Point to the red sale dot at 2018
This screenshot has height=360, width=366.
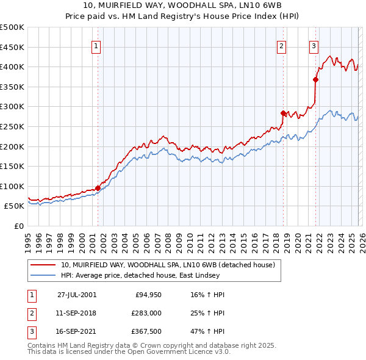283,113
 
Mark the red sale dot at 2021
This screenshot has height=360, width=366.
315,79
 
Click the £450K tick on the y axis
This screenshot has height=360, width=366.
12,47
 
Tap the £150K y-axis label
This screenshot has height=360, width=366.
12,166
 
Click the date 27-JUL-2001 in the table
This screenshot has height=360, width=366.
76,294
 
